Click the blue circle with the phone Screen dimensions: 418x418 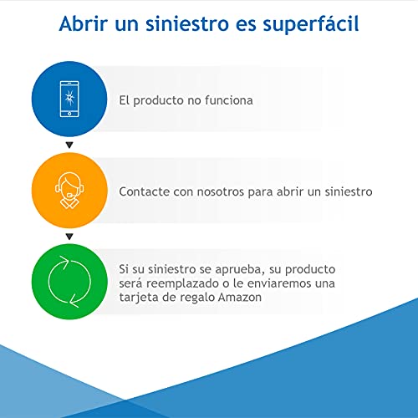pyautogui.click(x=70, y=100)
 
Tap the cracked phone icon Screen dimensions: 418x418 pyautogui.click(x=70, y=100)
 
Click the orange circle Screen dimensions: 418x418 pyautogui.click(x=70, y=191)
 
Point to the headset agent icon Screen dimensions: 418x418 pyautogui.click(x=70, y=191)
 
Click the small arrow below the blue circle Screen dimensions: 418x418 pyautogui.click(x=70, y=145)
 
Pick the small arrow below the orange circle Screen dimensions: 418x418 pyautogui.click(x=70, y=237)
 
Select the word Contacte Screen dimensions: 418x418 pyautogui.click(x=145, y=191)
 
